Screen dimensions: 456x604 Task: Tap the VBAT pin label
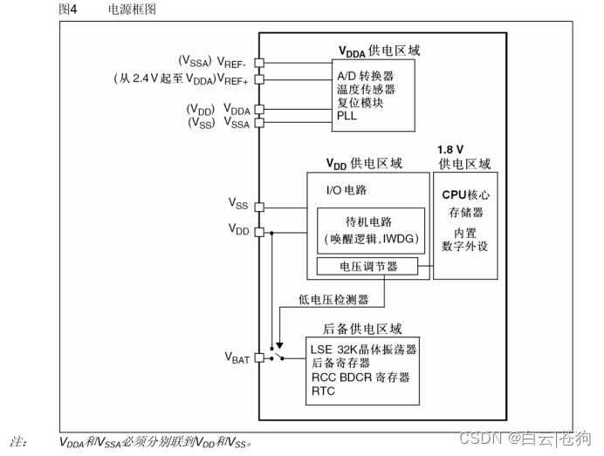[x=237, y=357]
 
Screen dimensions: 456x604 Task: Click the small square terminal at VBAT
[x=258, y=357]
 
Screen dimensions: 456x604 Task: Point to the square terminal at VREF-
[x=258, y=63]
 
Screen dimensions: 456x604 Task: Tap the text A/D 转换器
[x=366, y=75]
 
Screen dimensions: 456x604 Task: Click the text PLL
[x=347, y=114]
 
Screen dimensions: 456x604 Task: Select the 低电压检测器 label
[x=333, y=299]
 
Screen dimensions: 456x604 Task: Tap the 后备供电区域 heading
[x=362, y=329]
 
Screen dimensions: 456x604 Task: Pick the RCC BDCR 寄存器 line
[x=360, y=378]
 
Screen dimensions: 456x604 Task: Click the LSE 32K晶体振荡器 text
[x=363, y=350]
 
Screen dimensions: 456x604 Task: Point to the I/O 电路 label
[x=347, y=188]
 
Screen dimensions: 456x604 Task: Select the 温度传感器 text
[x=366, y=88]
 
